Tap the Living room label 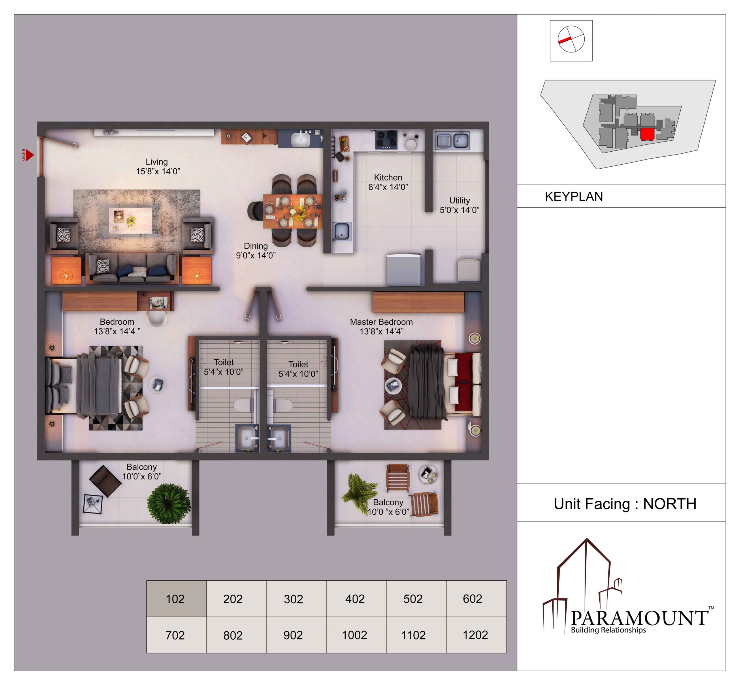tap(157, 162)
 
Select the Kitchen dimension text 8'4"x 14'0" tap(388, 187)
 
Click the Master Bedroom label tap(381, 322)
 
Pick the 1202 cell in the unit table tap(476, 635)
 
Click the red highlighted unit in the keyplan tap(647, 134)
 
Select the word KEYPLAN tap(573, 196)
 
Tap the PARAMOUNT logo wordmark tap(639, 618)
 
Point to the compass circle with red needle tap(571, 39)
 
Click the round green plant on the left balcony tap(169, 503)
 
